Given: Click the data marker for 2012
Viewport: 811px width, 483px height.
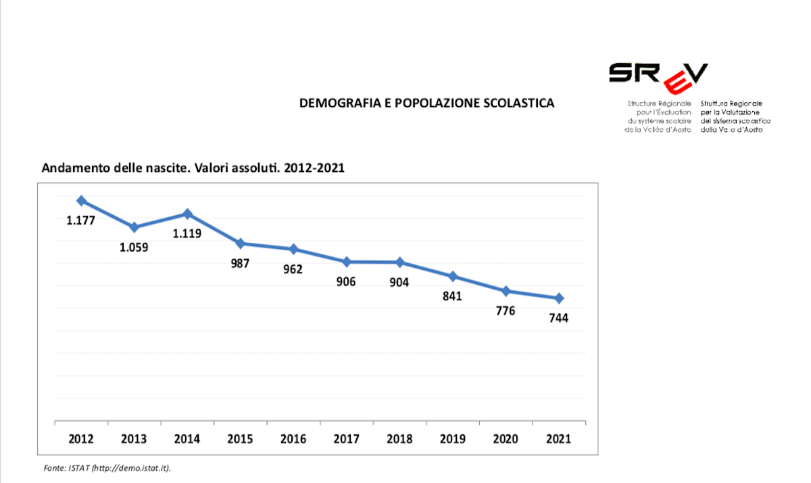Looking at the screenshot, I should [x=81, y=201].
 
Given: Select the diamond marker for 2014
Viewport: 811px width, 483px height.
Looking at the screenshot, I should [x=187, y=214].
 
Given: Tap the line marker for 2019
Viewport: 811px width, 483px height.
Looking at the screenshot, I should [x=453, y=276].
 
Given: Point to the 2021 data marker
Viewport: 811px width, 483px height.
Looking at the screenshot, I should [x=559, y=298].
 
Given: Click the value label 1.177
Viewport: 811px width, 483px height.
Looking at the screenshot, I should [x=80, y=220].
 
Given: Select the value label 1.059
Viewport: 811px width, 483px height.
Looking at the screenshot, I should [x=134, y=247].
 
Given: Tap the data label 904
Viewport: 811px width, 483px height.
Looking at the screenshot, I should [x=399, y=281].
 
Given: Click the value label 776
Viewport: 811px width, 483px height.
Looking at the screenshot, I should [x=505, y=310].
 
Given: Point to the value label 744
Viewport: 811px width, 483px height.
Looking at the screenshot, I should [x=558, y=318].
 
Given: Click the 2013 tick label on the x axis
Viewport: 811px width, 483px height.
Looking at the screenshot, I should [x=134, y=439].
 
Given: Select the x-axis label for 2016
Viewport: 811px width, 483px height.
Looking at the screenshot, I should [x=293, y=439].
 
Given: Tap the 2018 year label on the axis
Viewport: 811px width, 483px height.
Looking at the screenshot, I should [x=399, y=439].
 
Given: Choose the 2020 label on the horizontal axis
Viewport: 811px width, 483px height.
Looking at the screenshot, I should [x=506, y=439].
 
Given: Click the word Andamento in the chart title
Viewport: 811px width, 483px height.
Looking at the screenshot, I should [x=70, y=168].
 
